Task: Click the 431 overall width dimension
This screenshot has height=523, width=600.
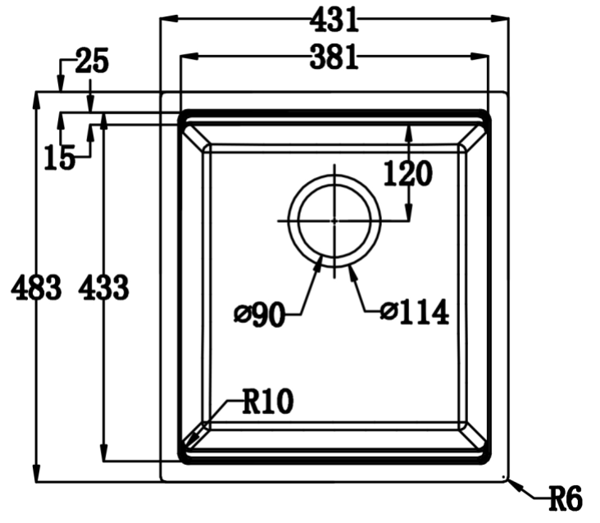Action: (x=334, y=19)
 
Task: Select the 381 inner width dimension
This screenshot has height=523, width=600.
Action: (x=334, y=57)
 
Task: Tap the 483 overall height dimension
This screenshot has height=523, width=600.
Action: (x=37, y=288)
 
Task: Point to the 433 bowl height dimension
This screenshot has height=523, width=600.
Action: (x=103, y=288)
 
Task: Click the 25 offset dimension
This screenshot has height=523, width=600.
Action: (x=91, y=61)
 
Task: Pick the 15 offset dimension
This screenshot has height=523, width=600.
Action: (x=59, y=157)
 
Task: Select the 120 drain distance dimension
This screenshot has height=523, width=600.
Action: (x=408, y=173)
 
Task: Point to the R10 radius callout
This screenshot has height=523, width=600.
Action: (x=267, y=401)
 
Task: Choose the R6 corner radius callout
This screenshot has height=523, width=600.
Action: (x=565, y=497)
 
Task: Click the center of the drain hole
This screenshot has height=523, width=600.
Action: (x=334, y=221)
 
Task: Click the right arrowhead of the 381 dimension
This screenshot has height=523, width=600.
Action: (x=484, y=57)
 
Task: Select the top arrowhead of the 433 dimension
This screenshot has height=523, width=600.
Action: (x=103, y=121)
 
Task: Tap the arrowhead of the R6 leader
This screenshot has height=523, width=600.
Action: (x=511, y=483)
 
